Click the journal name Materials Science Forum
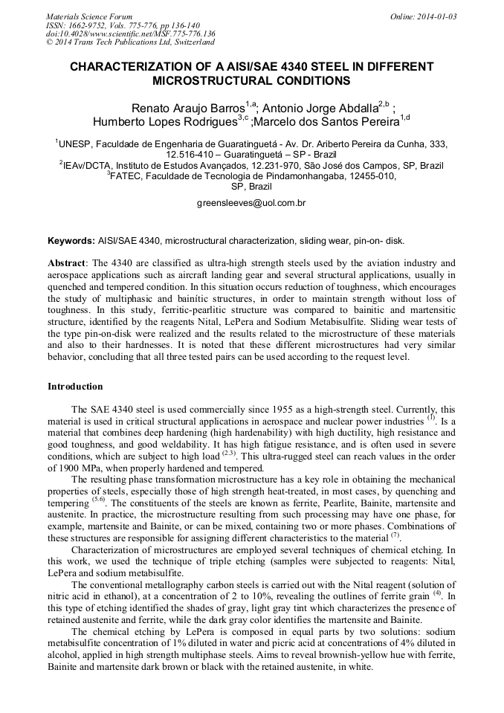(x=89, y=16)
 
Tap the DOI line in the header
(x=131, y=33)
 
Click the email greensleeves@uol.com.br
(x=251, y=202)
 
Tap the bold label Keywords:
(x=71, y=242)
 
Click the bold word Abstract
(x=67, y=264)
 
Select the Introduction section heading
(x=75, y=387)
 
